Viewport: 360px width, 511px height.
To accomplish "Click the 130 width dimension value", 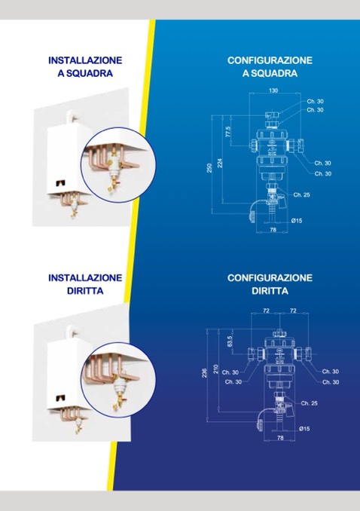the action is pyautogui.click(x=273, y=90).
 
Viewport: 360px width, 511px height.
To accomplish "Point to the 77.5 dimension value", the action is pyautogui.click(x=228, y=132).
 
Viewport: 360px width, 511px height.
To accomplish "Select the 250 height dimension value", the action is pyautogui.click(x=209, y=168).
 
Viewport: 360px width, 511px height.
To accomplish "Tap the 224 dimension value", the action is pyautogui.click(x=220, y=163).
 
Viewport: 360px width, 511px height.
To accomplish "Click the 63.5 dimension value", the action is pyautogui.click(x=230, y=341).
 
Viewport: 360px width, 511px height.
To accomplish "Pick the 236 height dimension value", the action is pyautogui.click(x=205, y=373).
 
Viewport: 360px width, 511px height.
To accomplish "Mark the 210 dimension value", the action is pyautogui.click(x=215, y=369).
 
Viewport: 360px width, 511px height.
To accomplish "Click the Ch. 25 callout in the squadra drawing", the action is pyautogui.click(x=301, y=195).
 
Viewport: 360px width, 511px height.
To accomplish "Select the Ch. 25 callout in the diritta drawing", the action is pyautogui.click(x=310, y=403).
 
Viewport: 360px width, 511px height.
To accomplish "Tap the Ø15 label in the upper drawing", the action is pyautogui.click(x=297, y=221).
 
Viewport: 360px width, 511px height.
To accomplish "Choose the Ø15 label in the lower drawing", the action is pyautogui.click(x=304, y=429).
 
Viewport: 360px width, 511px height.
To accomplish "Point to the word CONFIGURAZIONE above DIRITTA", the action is pyautogui.click(x=270, y=277).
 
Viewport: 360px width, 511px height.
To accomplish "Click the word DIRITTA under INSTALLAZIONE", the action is pyautogui.click(x=85, y=291).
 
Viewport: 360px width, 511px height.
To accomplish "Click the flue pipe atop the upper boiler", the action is pyautogui.click(x=71, y=117).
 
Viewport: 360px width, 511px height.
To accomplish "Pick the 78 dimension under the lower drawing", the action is pyautogui.click(x=280, y=438).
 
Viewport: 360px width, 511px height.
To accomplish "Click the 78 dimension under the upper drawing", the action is pyautogui.click(x=273, y=230).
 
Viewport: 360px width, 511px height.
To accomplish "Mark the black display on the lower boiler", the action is pyautogui.click(x=60, y=398).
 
